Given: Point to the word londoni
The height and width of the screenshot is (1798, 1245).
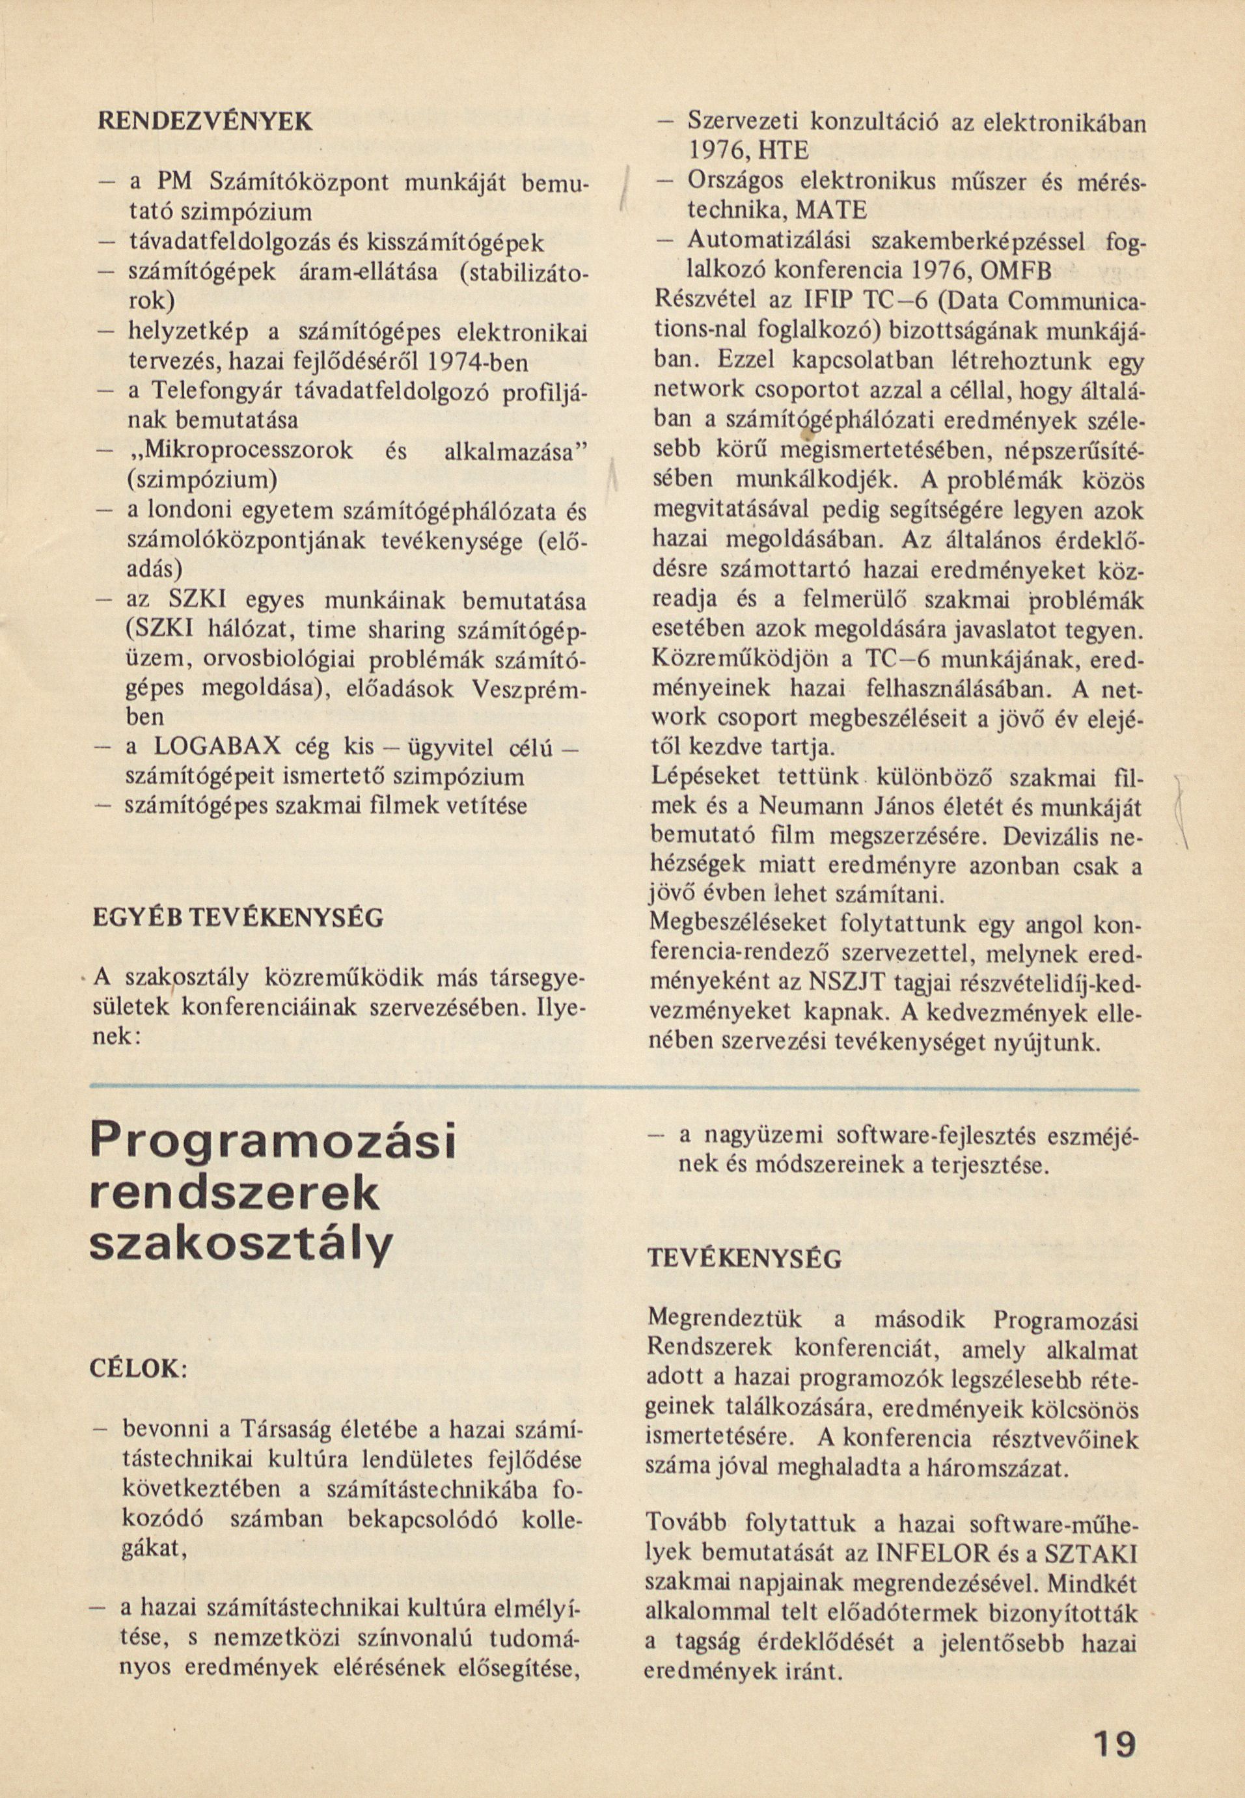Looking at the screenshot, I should coord(181,510).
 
